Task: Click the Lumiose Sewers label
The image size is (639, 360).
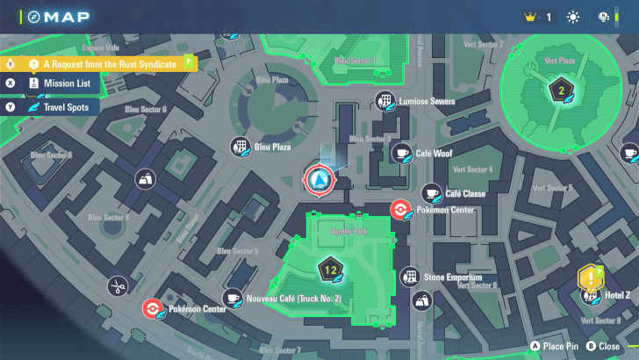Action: pos(427,102)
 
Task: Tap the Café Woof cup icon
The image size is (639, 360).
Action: pos(402,153)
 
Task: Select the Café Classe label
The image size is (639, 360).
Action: pos(465,193)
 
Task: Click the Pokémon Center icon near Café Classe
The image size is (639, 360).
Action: pos(398,210)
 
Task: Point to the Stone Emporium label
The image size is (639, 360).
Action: pos(453,277)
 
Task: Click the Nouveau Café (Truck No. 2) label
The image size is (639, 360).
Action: pos(293,299)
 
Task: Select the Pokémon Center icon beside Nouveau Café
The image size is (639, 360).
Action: pos(152,308)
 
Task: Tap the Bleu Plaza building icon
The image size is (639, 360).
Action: pos(239,147)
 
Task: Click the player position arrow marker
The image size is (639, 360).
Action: pos(318,179)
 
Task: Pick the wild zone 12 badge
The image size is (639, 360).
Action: pos(330,269)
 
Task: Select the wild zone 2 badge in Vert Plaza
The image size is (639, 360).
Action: pos(561,90)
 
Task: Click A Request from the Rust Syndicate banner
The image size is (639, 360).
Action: pos(109,63)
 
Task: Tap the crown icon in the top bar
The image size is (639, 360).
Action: pos(529,17)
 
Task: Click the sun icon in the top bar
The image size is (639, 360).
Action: pos(573,17)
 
